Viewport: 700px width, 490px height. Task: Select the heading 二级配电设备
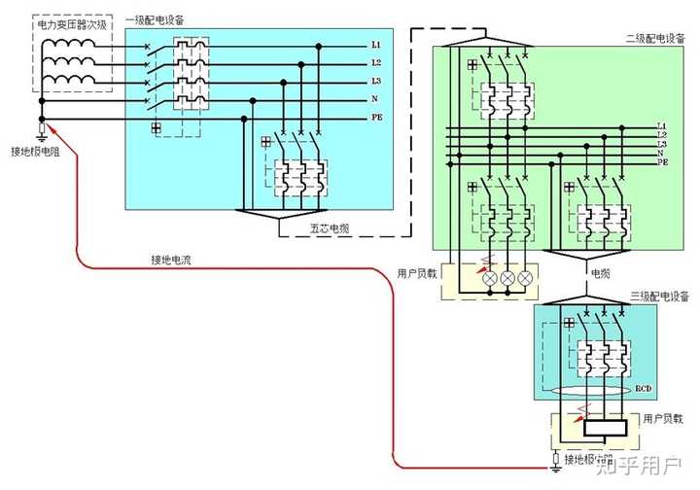point(656,38)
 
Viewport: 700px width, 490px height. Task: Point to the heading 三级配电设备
point(657,296)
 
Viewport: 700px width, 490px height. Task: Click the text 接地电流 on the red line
point(171,260)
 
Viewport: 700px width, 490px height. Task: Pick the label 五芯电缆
point(330,228)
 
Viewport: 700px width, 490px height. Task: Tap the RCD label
point(643,389)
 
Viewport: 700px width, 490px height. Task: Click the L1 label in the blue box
point(374,46)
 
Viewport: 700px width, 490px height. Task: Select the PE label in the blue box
point(375,118)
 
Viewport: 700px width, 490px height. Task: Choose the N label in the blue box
point(374,99)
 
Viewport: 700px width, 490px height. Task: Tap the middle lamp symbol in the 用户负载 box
point(507,278)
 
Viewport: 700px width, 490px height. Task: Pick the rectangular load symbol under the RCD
point(604,425)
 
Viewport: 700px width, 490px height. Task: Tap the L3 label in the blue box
point(374,82)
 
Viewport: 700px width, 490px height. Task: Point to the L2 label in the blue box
point(374,63)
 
